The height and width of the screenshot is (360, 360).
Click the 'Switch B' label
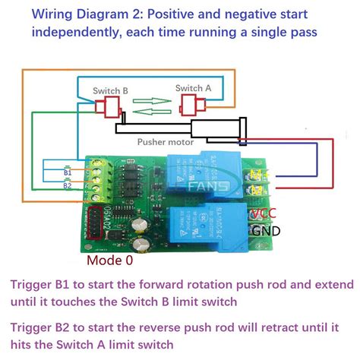point(110,91)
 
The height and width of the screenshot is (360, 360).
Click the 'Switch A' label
point(188,89)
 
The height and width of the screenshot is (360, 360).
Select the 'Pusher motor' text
point(163,141)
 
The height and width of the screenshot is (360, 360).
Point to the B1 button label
point(68,172)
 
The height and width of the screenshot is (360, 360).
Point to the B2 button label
point(68,185)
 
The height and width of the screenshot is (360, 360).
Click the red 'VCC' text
point(265,213)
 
